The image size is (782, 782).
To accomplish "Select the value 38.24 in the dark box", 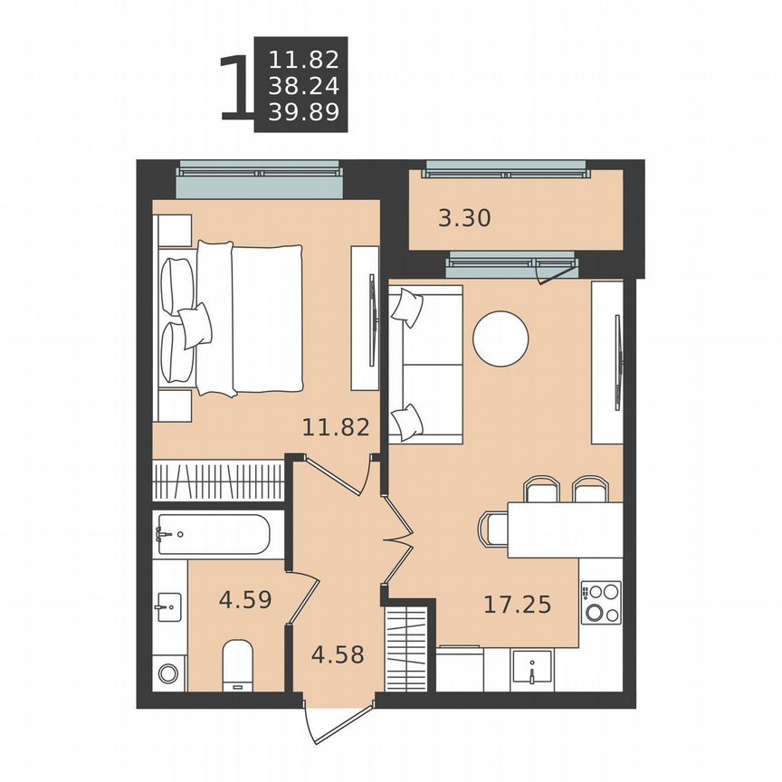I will [303, 86].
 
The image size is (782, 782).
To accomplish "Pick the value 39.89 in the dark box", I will [303, 112].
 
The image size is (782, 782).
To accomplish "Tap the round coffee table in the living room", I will [501, 339].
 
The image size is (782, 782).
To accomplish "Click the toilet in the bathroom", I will [240, 664].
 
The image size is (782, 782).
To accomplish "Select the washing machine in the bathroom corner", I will [168, 672].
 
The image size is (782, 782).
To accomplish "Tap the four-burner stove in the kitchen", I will [601, 603].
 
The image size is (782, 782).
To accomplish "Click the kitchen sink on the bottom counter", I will [532, 671].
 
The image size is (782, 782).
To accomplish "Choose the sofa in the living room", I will [425, 365].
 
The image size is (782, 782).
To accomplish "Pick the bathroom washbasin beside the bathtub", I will [169, 606].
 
